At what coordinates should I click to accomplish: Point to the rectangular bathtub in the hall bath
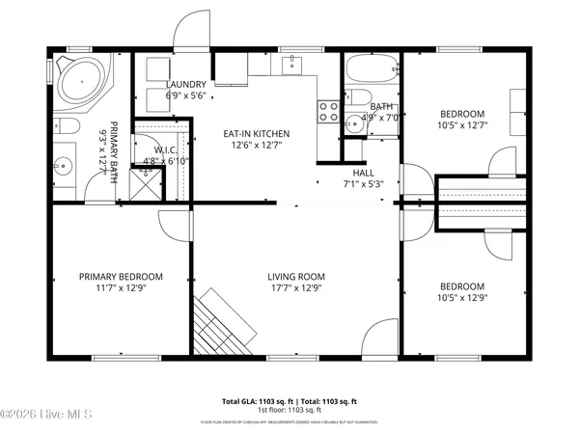click(372, 71)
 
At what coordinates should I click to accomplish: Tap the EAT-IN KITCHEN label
click(257, 134)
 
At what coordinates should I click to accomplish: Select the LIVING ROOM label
click(294, 277)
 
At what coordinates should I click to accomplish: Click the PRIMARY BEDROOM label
click(121, 277)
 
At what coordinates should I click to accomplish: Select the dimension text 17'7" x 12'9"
click(294, 287)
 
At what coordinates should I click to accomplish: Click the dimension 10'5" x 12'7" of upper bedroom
click(463, 123)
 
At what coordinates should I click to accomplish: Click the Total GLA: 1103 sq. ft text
click(257, 400)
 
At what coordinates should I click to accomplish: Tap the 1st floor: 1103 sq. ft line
click(289, 410)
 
